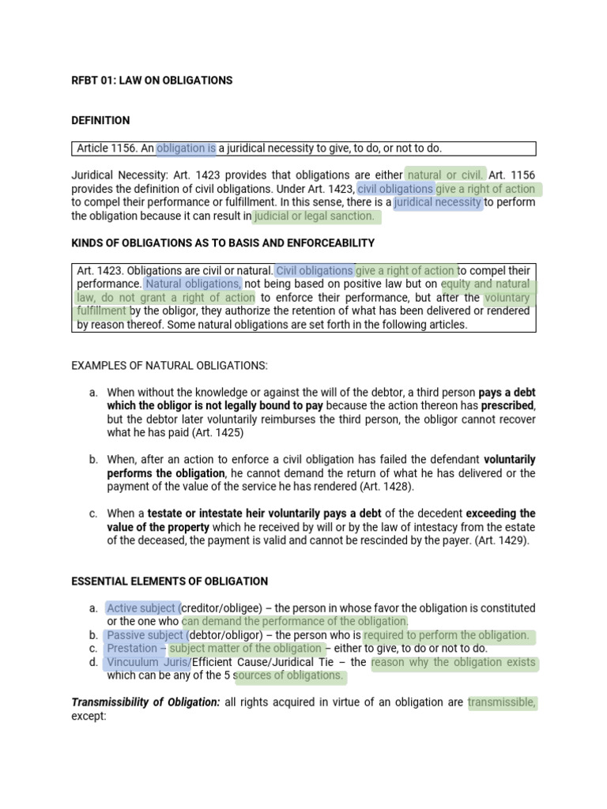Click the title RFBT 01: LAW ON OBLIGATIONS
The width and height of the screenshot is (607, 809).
[152, 81]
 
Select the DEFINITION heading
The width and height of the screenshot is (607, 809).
[100, 121]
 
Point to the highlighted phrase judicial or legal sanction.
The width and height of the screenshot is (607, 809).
[314, 216]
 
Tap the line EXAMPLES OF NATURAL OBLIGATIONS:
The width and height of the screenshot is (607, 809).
[170, 365]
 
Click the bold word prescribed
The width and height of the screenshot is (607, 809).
[505, 406]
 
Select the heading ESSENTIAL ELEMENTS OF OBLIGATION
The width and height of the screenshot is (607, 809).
[170, 581]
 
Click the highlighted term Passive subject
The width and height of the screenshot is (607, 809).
[145, 635]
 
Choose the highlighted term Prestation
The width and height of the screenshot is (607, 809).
[132, 649]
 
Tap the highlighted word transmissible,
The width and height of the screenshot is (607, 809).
[502, 702]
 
